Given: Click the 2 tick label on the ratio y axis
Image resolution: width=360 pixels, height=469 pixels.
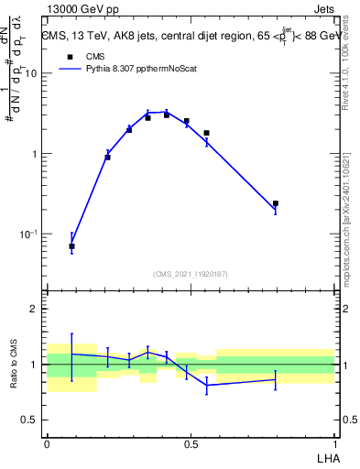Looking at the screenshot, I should coord(35,310).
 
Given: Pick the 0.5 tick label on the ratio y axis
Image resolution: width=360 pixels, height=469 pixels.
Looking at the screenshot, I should coord(30,420).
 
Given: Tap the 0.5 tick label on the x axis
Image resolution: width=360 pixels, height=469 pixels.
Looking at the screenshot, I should coord(191,442).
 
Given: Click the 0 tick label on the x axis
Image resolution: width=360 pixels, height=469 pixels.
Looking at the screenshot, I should coord(47,442).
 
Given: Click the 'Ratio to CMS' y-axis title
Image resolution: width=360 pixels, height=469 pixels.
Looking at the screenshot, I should coord(14,364).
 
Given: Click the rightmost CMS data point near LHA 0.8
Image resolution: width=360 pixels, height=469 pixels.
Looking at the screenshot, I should coord(275,203).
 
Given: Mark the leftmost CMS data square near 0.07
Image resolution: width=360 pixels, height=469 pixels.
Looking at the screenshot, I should coord(71,246).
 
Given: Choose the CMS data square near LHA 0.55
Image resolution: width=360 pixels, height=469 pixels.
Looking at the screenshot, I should coord(206,133).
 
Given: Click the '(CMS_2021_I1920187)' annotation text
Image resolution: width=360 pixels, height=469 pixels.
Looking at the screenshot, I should coord(191,273).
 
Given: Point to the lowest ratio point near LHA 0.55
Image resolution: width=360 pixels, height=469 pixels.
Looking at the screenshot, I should coord(206,386).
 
